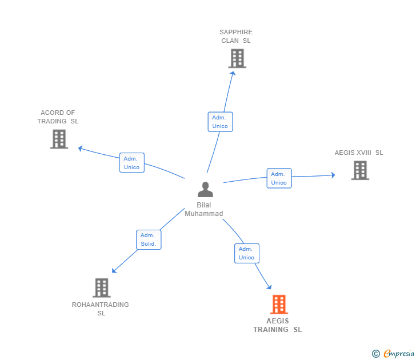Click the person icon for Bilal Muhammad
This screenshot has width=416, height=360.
pos(205,189)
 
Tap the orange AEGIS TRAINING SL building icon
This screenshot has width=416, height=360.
pos(278,305)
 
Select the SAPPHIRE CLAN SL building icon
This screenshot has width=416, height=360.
pos(237,58)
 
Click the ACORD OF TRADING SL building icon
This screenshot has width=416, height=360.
pos(59,139)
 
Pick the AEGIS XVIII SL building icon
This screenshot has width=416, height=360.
pos(359,170)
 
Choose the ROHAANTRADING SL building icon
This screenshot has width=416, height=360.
pos(101,287)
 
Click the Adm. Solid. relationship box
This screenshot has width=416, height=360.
pos(149,239)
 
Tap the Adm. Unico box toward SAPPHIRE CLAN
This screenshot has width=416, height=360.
pos(220,122)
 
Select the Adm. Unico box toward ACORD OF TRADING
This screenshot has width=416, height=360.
pos(131,163)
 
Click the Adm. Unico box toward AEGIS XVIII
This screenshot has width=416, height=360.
pos(279,178)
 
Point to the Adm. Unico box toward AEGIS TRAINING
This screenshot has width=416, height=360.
pos(246,253)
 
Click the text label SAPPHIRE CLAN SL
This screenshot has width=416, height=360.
pos(236,37)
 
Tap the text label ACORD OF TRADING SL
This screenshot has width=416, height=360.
pos(58,117)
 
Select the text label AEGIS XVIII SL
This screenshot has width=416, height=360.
pos(359,153)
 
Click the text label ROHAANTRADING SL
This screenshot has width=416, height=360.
pos(101,309)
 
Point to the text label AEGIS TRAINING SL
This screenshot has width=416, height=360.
pos(278,325)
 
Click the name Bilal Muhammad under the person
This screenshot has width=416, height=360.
pos(204,209)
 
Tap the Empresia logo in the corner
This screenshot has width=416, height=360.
pos(398,354)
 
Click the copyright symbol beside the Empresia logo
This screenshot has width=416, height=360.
pos(376,354)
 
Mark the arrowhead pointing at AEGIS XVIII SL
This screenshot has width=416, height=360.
pos(333,175)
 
